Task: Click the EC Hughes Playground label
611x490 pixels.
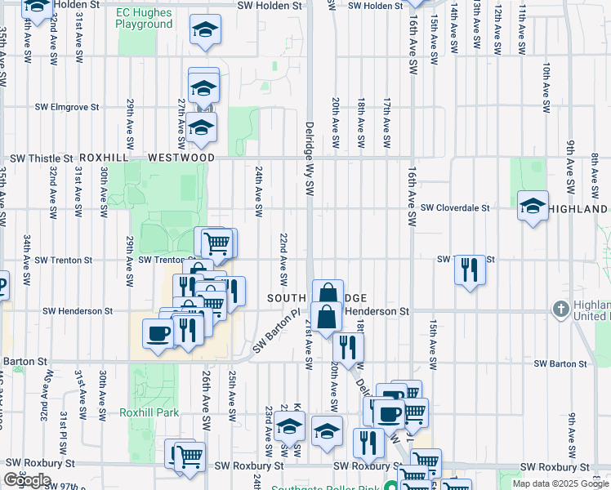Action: click(145, 18)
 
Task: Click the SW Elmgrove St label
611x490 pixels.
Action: click(66, 107)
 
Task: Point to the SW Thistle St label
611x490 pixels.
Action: click(41, 158)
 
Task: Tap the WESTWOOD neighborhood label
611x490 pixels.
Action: click(181, 158)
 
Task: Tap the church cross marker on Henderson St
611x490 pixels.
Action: click(560, 310)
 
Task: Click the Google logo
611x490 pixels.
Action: click(28, 480)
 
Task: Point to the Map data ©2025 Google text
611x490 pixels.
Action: click(560, 483)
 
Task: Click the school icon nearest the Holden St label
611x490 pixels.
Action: click(205, 31)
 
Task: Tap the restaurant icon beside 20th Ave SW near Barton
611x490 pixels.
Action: click(348, 347)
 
